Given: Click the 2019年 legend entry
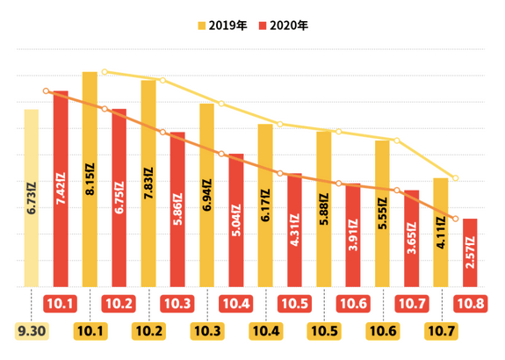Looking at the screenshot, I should [x=226, y=25].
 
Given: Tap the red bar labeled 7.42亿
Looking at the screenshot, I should [x=61, y=189].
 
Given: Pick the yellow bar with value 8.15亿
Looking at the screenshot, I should [x=90, y=179].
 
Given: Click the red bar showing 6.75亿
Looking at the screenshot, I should [x=119, y=198].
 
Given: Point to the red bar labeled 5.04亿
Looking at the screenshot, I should [x=235, y=220].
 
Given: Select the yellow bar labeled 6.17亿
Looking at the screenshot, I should [x=265, y=205].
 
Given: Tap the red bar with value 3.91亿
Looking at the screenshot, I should [x=352, y=235].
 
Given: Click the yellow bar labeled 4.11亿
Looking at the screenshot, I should [x=440, y=232].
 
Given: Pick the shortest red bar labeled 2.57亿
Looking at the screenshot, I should [x=469, y=252].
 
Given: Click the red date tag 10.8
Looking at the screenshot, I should [x=470, y=304].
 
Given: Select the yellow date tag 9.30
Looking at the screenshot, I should [x=32, y=331].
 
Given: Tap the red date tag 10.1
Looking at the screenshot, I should [x=61, y=304].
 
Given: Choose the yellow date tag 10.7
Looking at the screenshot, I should [x=440, y=331].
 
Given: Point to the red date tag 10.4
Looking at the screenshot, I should [x=235, y=304].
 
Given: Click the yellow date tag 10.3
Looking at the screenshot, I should [x=206, y=331].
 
